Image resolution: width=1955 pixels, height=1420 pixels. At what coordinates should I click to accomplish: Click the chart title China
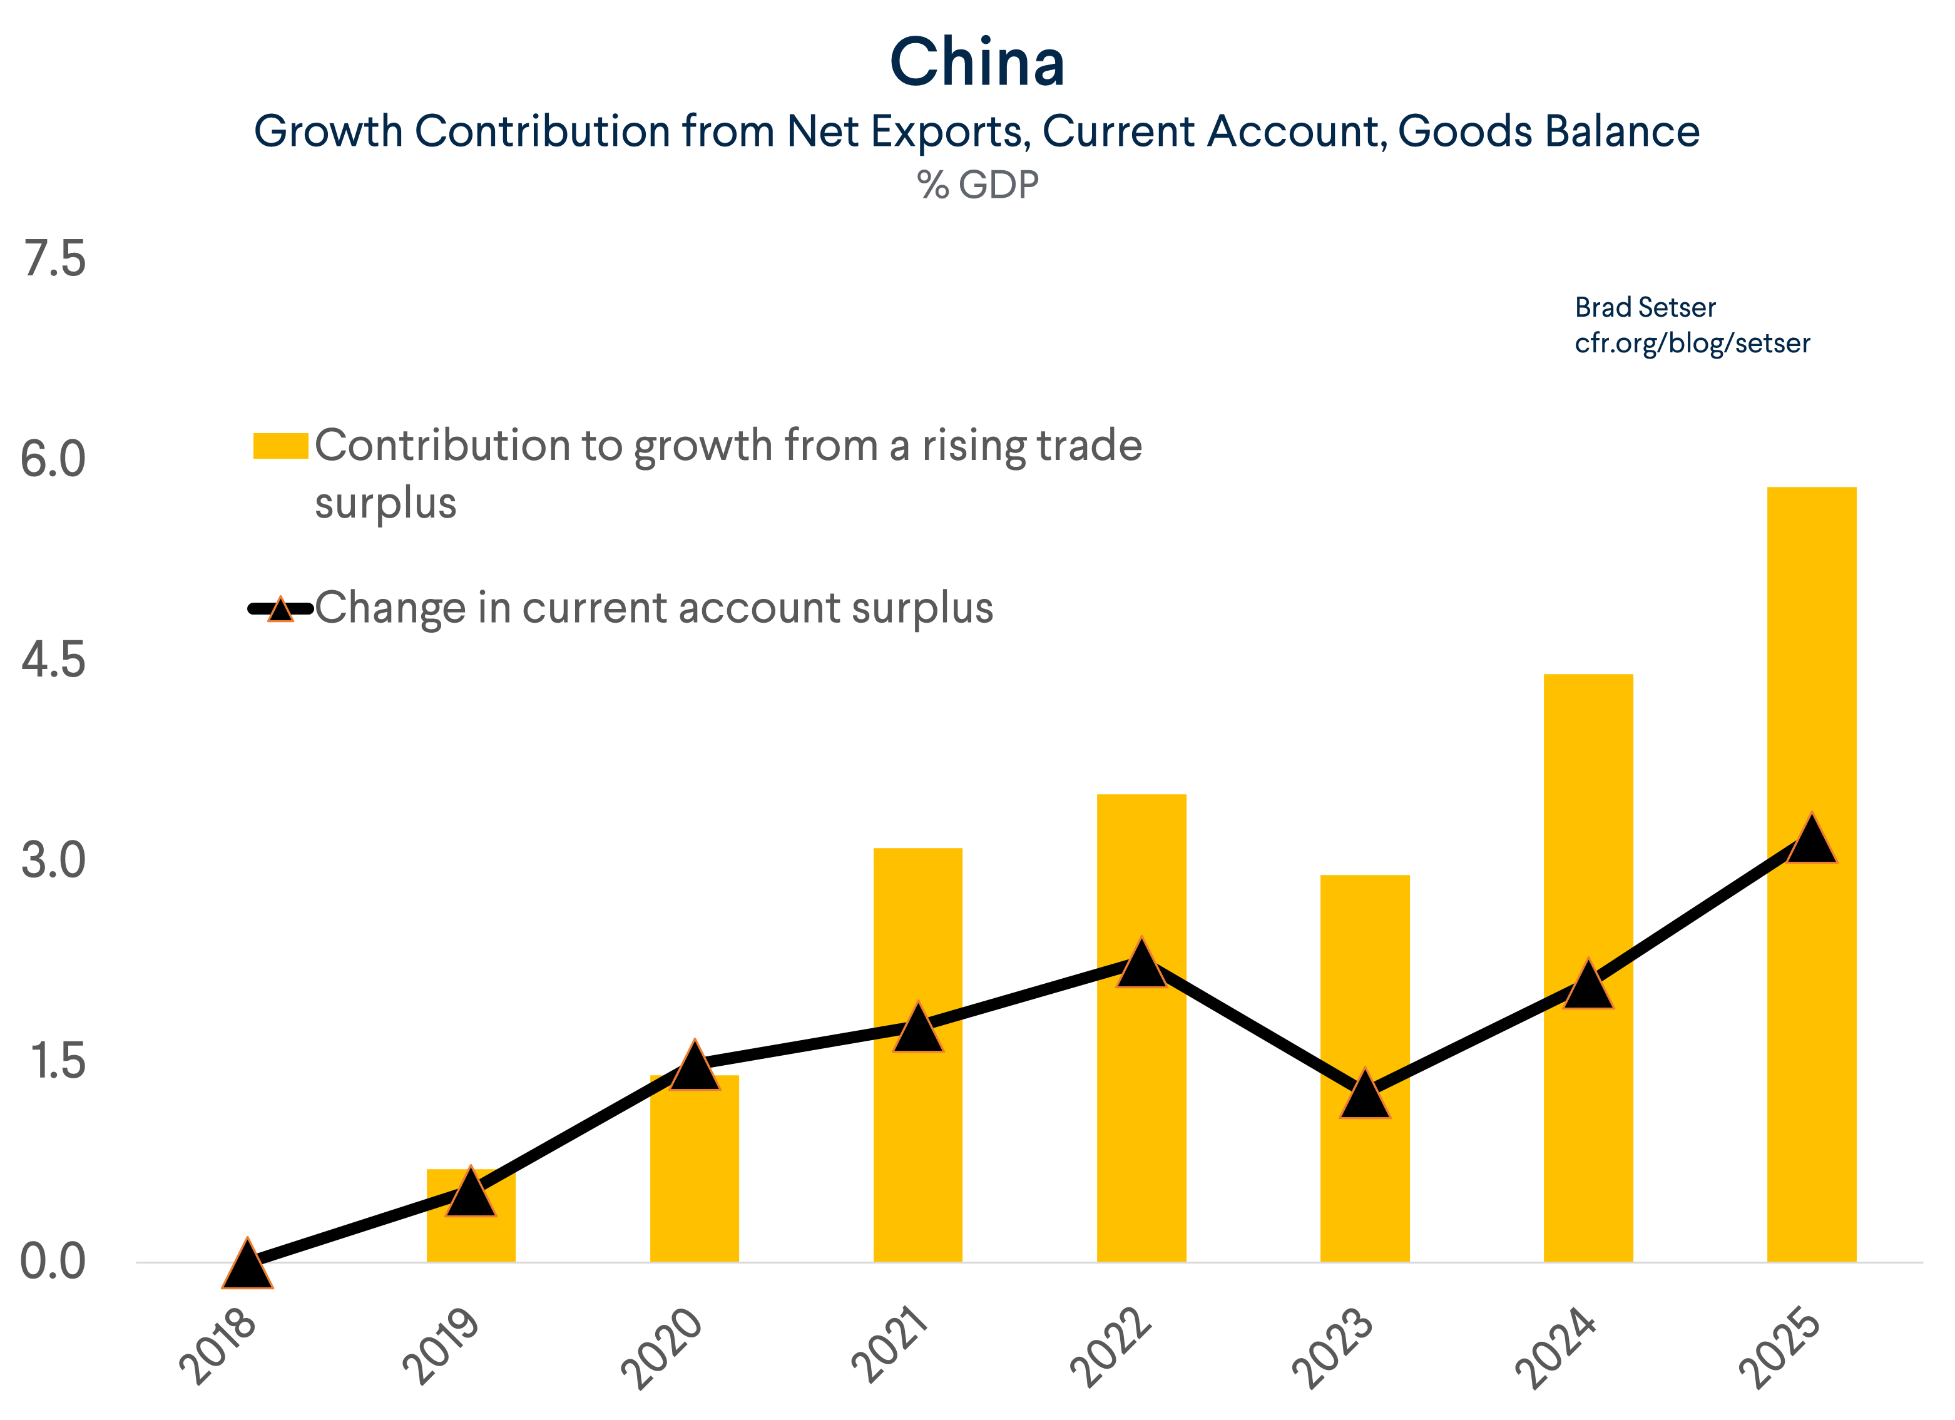(977, 63)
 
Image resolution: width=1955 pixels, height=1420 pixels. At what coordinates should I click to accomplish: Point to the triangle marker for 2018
(247, 1265)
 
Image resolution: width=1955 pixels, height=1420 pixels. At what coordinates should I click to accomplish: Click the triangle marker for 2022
(1141, 966)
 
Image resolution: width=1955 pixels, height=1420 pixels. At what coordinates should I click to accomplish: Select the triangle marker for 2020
(694, 1068)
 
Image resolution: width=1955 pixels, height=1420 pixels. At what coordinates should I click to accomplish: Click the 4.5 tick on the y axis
(53, 660)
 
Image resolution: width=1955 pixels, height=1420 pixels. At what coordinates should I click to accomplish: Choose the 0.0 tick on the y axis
(53, 1262)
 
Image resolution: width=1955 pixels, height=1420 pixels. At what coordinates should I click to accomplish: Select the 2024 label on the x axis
(1557, 1347)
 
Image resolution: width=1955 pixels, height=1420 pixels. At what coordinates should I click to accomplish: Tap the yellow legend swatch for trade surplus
(280, 446)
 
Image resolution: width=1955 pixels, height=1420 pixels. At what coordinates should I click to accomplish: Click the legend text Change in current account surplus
(653, 608)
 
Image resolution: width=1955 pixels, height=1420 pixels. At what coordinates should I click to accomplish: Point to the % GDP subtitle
(977, 185)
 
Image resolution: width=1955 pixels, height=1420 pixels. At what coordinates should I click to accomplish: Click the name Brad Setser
(1645, 307)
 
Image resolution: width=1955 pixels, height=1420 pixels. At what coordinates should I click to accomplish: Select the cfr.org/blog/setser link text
(1692, 343)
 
